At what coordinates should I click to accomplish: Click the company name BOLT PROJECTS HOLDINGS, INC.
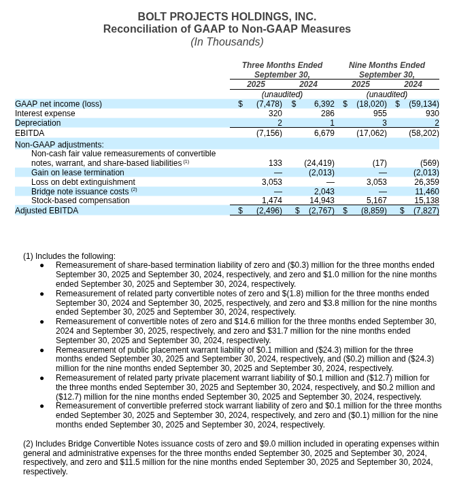(x=226, y=16)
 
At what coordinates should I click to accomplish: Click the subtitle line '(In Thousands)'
(x=226, y=42)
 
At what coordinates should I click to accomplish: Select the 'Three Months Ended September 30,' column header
(x=282, y=70)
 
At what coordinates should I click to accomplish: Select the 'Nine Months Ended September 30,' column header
(x=386, y=70)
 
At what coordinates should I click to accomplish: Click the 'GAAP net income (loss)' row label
(x=58, y=104)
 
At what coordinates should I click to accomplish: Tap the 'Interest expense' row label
(x=45, y=113)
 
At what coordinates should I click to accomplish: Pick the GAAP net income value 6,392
(x=324, y=104)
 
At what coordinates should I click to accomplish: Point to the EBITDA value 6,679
(x=324, y=133)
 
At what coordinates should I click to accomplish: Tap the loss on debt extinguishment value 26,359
(x=426, y=182)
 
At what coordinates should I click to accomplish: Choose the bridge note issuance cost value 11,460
(x=426, y=192)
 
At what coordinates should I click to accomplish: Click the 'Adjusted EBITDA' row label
(x=46, y=211)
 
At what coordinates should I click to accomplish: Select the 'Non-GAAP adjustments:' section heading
(x=59, y=145)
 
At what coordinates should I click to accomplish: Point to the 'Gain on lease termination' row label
(x=78, y=173)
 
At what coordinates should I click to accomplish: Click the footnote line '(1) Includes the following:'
(x=69, y=256)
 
